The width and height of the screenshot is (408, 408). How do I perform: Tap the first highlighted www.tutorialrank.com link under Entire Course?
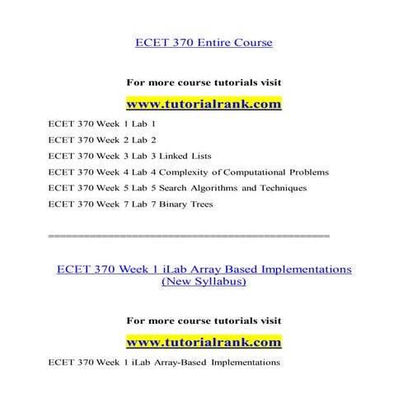[x=204, y=105]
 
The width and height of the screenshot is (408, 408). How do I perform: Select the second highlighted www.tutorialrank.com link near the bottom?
[x=204, y=340]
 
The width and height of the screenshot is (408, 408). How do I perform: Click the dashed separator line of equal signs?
[x=189, y=236]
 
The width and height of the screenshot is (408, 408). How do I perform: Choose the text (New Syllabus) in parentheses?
[x=204, y=281]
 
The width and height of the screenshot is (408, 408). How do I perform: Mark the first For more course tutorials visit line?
[x=204, y=82]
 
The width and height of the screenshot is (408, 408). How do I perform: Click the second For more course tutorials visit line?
[x=204, y=319]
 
